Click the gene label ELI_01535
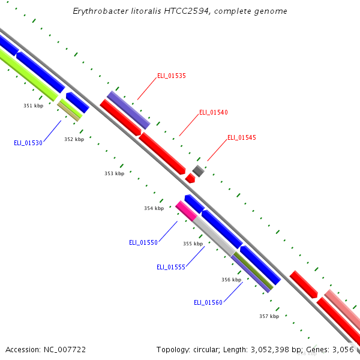coord(172,76)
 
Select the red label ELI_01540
coord(214,113)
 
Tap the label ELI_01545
coord(242,138)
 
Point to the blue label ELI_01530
coord(28,143)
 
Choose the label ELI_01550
coord(143,242)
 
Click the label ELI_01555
coord(171,267)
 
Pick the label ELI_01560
coord(208,302)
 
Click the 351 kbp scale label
coord(34,106)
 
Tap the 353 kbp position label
coord(114,173)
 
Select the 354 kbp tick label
coord(154,209)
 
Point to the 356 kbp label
coord(231,280)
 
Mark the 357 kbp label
coord(269,316)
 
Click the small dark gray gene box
coord(198,171)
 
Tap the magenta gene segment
coord(186,211)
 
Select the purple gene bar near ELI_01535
coord(128,110)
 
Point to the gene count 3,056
coord(346,349)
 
